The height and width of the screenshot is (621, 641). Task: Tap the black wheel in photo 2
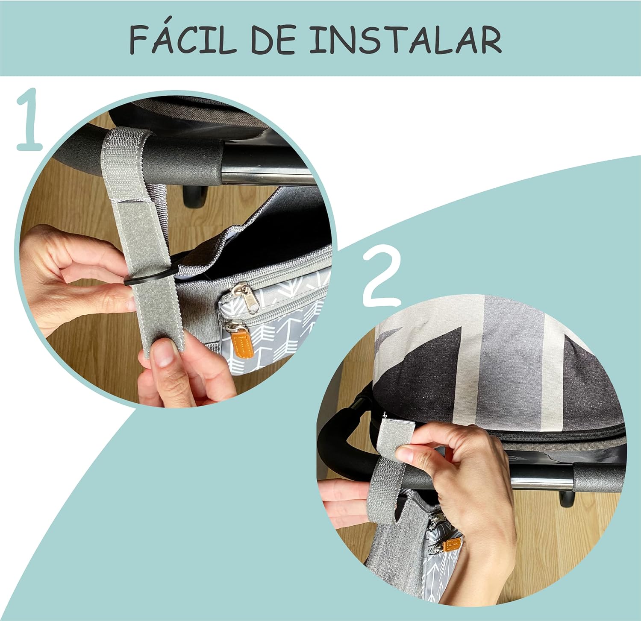tap(567, 499)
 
